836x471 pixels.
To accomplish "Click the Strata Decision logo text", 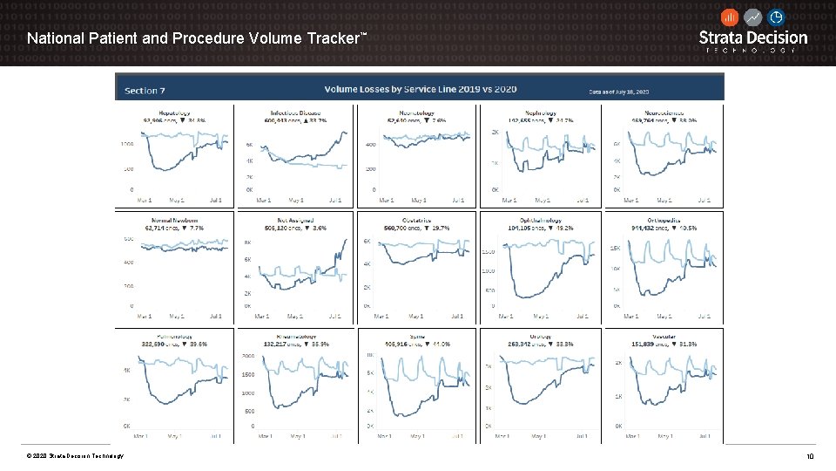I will (753, 38).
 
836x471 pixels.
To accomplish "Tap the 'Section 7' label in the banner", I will (145, 91).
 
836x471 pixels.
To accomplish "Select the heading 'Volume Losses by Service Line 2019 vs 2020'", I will (421, 90).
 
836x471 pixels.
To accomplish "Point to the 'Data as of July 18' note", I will (624, 92).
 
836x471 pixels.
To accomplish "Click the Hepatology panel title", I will (174, 113).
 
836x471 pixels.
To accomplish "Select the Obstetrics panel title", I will (417, 221).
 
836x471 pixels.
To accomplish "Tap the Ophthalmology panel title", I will (539, 221).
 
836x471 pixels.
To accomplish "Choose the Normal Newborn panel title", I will (174, 221).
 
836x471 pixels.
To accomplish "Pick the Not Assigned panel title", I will (295, 221).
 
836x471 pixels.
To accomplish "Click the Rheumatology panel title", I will (296, 337).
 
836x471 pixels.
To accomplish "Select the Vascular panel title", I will (664, 337).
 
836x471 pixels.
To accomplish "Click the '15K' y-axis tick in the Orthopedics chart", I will (614, 249).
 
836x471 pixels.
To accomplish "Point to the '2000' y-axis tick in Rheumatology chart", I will (247, 357).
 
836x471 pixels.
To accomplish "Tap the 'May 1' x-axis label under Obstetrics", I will (416, 317).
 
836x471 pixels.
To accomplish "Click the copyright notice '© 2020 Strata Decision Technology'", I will (75, 456).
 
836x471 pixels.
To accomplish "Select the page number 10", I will (809, 456).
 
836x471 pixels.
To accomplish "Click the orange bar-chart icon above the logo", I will (730, 17).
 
